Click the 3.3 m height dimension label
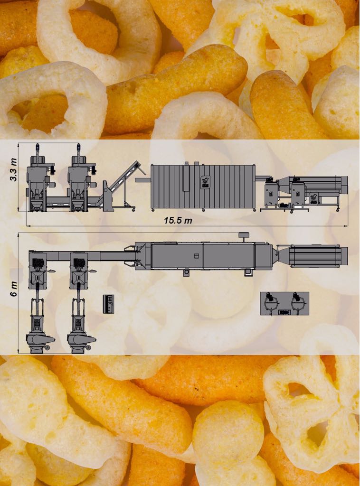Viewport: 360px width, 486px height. pyautogui.click(x=13, y=169)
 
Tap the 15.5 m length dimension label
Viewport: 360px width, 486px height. pyautogui.click(x=178, y=220)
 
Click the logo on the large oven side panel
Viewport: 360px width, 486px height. pyautogui.click(x=205, y=180)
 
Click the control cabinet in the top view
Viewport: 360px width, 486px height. pyautogui.click(x=108, y=304)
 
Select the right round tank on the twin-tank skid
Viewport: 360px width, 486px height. pyautogui.click(x=298, y=302)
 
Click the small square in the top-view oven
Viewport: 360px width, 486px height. pyautogui.click(x=196, y=256)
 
